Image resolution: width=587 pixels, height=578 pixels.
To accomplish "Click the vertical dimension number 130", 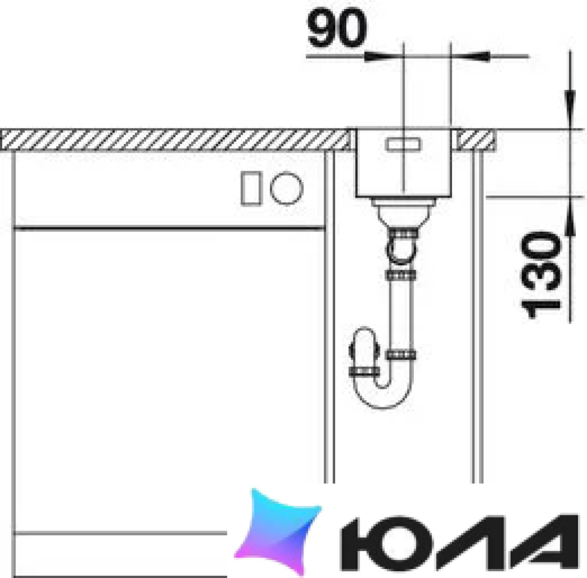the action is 541,275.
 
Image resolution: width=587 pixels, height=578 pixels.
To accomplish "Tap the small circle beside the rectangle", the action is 287,188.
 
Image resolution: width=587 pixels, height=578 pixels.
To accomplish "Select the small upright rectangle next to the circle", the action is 251,188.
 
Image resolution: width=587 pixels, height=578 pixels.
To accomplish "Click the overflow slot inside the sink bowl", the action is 403,144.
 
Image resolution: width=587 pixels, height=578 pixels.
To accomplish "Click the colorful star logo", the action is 278,531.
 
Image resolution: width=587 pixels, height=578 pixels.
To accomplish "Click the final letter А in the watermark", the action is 546,543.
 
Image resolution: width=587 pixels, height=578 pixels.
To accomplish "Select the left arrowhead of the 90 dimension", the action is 378,57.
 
